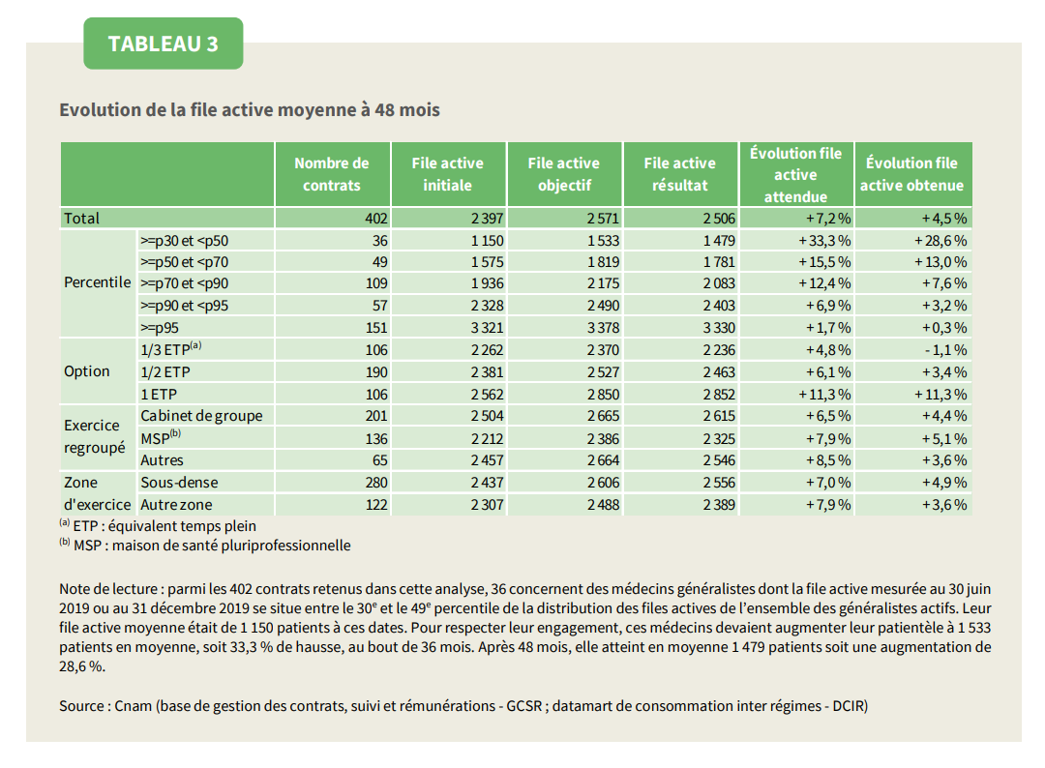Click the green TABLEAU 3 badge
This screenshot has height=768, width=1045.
(164, 44)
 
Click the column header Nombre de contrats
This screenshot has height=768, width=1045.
(332, 174)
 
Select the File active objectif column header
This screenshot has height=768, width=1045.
(564, 174)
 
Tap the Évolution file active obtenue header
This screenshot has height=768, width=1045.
(911, 174)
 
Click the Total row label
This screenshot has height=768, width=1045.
(81, 219)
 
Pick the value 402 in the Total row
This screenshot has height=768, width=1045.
(375, 219)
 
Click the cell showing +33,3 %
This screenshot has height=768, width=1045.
(824, 241)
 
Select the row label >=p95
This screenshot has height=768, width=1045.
(160, 328)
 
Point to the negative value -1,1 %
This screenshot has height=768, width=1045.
(945, 350)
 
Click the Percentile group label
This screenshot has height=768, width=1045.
(98, 282)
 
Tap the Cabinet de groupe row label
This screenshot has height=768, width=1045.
(201, 416)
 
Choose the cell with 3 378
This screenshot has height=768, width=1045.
(603, 328)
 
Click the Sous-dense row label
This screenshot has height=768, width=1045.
(179, 483)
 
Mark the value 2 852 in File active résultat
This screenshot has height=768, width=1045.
(719, 395)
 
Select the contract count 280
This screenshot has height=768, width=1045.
(375, 483)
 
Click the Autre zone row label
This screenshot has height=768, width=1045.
(177, 505)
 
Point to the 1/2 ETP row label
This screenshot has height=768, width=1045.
(165, 372)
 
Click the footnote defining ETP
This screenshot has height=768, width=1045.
(158, 525)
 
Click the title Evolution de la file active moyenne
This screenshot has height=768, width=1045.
(250, 110)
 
